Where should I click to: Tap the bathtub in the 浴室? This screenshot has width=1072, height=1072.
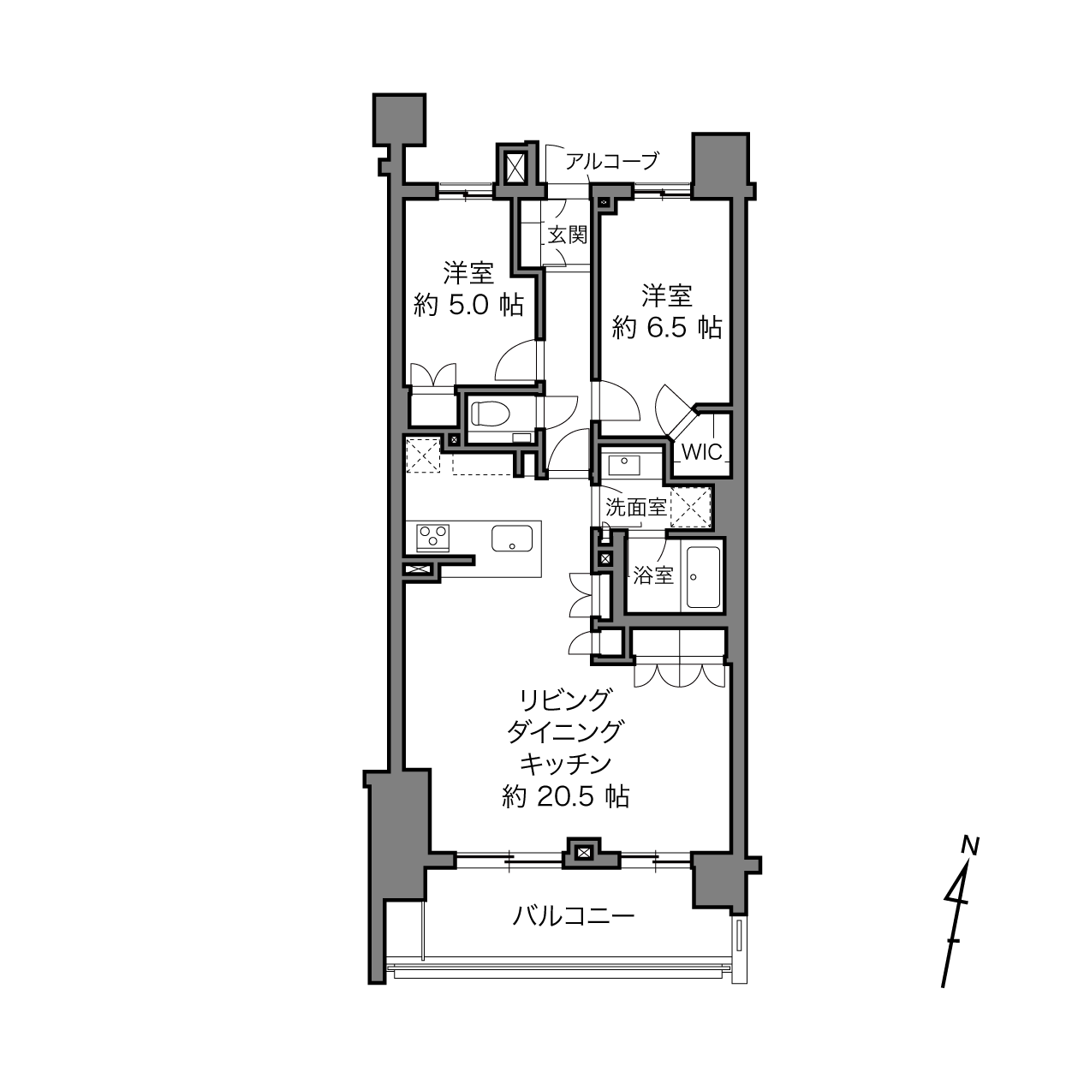click(704, 577)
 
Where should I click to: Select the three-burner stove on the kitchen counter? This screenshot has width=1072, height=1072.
click(432, 538)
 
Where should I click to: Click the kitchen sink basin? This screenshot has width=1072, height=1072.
click(512, 538)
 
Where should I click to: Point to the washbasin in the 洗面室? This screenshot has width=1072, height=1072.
click(624, 463)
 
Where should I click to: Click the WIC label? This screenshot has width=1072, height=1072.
click(701, 452)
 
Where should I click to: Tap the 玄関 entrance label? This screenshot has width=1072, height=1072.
click(567, 235)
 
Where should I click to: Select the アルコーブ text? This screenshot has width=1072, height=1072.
click(612, 161)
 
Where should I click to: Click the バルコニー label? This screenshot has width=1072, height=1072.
click(573, 915)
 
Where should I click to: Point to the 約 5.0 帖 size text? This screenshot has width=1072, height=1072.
click(468, 306)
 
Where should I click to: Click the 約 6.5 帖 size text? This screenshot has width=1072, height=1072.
click(667, 328)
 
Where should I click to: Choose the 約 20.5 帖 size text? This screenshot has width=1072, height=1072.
click(565, 797)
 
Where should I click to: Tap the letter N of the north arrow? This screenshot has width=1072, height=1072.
click(971, 846)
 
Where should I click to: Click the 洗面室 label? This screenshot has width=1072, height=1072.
click(636, 507)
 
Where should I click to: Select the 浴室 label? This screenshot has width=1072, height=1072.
click(653, 575)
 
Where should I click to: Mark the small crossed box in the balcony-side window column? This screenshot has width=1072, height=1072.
click(582, 853)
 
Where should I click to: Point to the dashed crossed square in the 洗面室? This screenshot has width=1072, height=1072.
click(691, 508)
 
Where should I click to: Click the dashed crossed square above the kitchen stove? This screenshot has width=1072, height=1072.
click(423, 455)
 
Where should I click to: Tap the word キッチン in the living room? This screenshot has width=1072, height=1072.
click(565, 764)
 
